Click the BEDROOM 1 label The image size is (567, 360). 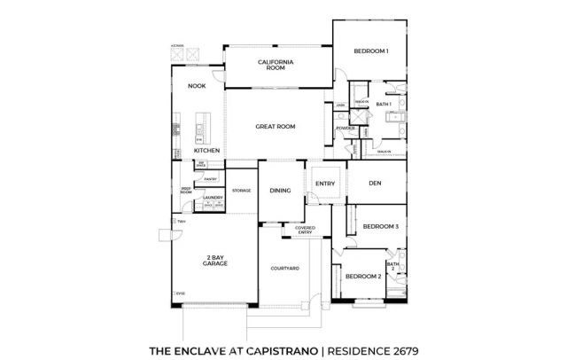369,51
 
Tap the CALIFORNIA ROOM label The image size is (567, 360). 276,65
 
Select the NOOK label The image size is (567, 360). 197,86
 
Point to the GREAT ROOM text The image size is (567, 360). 275,127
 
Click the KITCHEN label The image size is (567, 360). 207,151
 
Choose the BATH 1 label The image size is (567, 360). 383,105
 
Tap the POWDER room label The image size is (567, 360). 346,129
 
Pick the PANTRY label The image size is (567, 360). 211,179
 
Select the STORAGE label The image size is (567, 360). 242,191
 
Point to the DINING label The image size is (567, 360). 280,191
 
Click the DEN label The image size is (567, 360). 375,184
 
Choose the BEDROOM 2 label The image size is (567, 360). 362,277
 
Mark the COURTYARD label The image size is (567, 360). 284,267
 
